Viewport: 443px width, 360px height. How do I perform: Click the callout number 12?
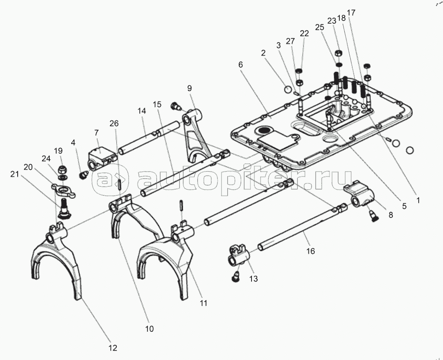(112, 348)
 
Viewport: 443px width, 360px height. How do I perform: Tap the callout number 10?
(149, 328)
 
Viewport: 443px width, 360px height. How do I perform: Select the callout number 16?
(311, 251)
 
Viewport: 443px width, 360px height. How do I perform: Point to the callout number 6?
(240, 64)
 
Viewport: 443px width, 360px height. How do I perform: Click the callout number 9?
(189, 88)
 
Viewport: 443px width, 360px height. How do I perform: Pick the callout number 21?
(14, 174)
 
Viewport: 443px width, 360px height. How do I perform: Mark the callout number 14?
(142, 110)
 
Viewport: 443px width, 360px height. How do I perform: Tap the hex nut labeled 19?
(63, 168)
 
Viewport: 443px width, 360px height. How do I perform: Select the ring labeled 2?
(288, 89)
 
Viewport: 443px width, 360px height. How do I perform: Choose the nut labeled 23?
(339, 53)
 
